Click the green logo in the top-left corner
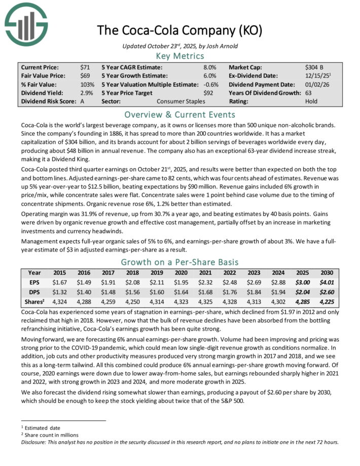(25, 23)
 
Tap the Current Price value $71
(85, 67)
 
